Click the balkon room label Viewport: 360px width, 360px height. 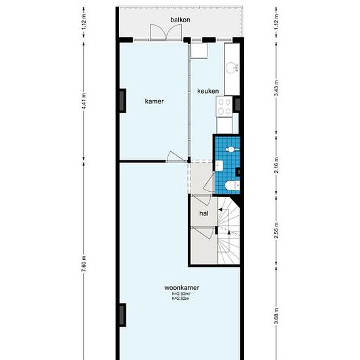pyautogui.click(x=180, y=20)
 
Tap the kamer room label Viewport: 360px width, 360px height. pyautogui.click(x=154, y=101)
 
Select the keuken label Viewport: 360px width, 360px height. pyautogui.click(x=208, y=91)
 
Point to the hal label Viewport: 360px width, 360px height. pyautogui.click(x=204, y=213)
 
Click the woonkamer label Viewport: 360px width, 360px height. pyautogui.click(x=182, y=288)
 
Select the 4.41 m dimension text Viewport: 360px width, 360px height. pyautogui.click(x=84, y=101)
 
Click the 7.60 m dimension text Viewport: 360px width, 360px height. pyautogui.click(x=84, y=263)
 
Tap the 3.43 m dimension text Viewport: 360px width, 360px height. pyautogui.click(x=276, y=88)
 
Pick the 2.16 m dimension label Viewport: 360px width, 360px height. pyautogui.click(x=276, y=165)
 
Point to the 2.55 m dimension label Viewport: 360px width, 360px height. pyautogui.click(x=276, y=230)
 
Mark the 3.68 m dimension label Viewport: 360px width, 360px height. pyautogui.click(x=276, y=316)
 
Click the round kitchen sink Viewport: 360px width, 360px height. pyautogui.click(x=231, y=67)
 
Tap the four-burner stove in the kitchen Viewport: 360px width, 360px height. pyautogui.click(x=225, y=107)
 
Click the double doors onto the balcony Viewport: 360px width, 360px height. pyautogui.click(x=166, y=32)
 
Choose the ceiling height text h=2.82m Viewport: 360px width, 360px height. pyautogui.click(x=181, y=298)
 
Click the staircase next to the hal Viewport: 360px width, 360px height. pyautogui.click(x=228, y=230)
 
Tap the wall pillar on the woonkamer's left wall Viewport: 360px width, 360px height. pyautogui.click(x=122, y=315)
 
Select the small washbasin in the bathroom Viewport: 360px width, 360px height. pyautogui.click(x=219, y=166)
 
